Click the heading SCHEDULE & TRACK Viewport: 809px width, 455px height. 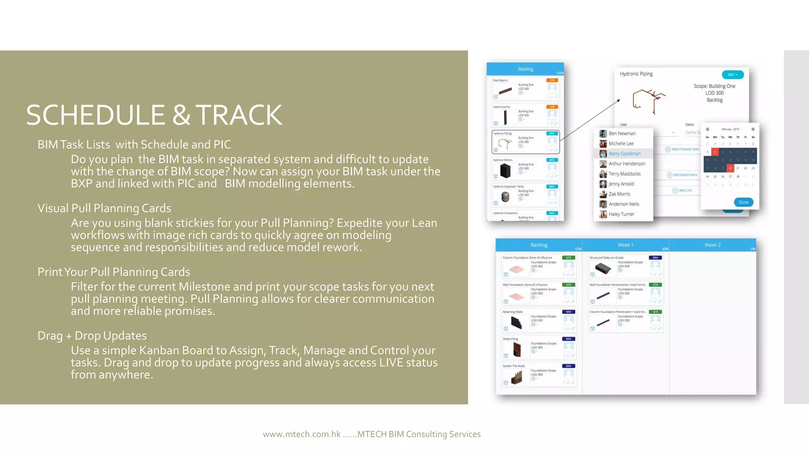click(x=154, y=115)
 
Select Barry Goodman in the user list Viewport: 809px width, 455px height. click(x=624, y=154)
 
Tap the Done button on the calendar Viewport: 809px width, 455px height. click(x=743, y=202)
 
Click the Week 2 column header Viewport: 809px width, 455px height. click(x=712, y=245)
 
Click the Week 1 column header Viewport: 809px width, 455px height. click(x=625, y=245)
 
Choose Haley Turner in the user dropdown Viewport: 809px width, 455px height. click(x=621, y=214)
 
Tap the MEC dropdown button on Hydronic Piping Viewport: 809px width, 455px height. click(x=733, y=75)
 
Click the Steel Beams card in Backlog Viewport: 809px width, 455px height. click(x=525, y=89)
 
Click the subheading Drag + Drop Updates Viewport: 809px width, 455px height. click(x=92, y=336)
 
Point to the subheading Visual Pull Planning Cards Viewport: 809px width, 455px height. click(x=104, y=208)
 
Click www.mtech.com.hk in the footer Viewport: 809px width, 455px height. click(x=302, y=434)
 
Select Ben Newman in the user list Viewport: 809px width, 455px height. click(x=622, y=133)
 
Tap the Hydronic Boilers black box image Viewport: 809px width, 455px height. click(x=505, y=171)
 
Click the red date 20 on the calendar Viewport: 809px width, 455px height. click(x=730, y=168)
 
